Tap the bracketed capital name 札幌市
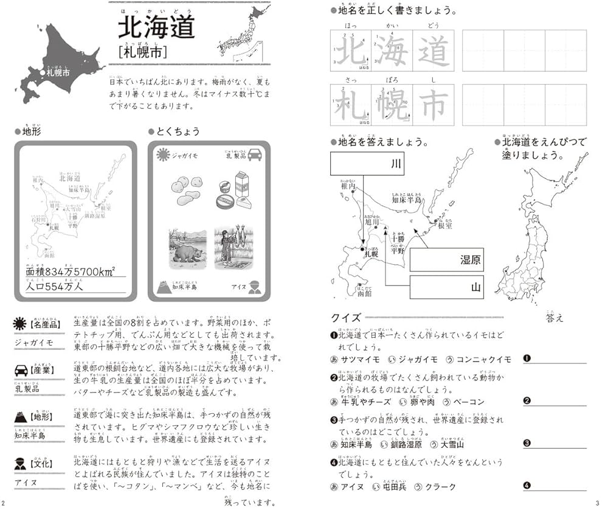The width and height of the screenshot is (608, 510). (x=143, y=55)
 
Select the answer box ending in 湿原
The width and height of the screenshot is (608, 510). (x=446, y=260)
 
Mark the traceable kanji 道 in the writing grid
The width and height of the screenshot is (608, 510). (x=433, y=51)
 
